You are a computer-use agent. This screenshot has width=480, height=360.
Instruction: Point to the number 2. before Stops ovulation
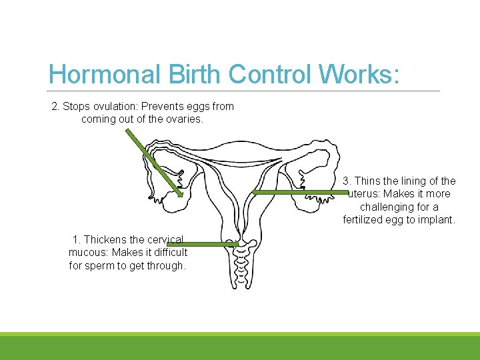56,106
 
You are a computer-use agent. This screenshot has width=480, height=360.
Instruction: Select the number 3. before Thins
347,181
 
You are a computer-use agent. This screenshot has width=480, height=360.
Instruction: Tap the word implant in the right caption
437,220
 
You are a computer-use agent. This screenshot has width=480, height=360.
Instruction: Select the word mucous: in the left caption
89,252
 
